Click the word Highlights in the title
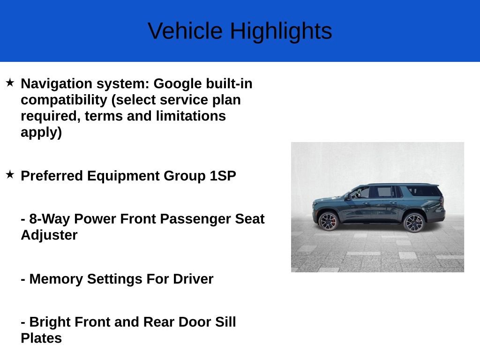tap(281, 31)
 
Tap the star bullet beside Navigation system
tap(10, 83)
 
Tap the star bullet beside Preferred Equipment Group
tap(10, 175)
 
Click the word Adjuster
tap(49, 235)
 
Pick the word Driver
tap(193, 279)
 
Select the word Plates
tap(41, 338)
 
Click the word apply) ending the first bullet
tap(41, 132)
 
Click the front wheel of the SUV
tap(328, 221)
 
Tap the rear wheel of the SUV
tap(414, 222)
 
